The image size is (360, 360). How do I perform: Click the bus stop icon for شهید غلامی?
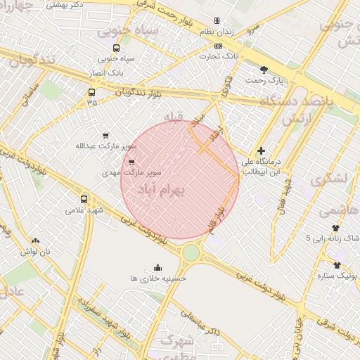click(84, 199)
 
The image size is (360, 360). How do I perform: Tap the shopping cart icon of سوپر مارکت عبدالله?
click(106, 136)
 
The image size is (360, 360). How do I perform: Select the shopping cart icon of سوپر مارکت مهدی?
click(131, 162)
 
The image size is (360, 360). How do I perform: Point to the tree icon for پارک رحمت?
click(264, 70)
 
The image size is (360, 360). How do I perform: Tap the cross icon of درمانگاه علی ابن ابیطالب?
click(262, 150)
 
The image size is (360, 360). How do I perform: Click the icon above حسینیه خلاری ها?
click(157, 267)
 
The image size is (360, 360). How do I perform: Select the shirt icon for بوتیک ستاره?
click(337, 265)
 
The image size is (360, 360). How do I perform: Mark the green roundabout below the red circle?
click(191, 252)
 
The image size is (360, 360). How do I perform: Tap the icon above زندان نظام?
click(217, 21)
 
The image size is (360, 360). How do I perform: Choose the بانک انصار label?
click(108, 72)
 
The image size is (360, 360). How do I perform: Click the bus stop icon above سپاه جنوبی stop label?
click(116, 49)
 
